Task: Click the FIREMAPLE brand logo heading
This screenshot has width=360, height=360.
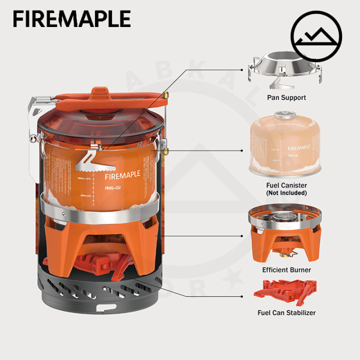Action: pyautogui.click(x=71, y=18)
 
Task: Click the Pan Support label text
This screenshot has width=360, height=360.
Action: pyautogui.click(x=286, y=97)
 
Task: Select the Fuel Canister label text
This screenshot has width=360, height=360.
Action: pyautogui.click(x=286, y=185)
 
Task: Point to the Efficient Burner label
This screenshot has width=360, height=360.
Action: pyautogui.click(x=286, y=269)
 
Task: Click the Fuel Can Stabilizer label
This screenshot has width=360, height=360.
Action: pyautogui.click(x=286, y=313)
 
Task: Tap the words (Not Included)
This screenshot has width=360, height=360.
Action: pyautogui.click(x=286, y=192)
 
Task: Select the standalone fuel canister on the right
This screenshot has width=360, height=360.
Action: pyautogui.click(x=286, y=145)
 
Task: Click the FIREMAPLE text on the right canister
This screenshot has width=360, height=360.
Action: pyautogui.click(x=298, y=147)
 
